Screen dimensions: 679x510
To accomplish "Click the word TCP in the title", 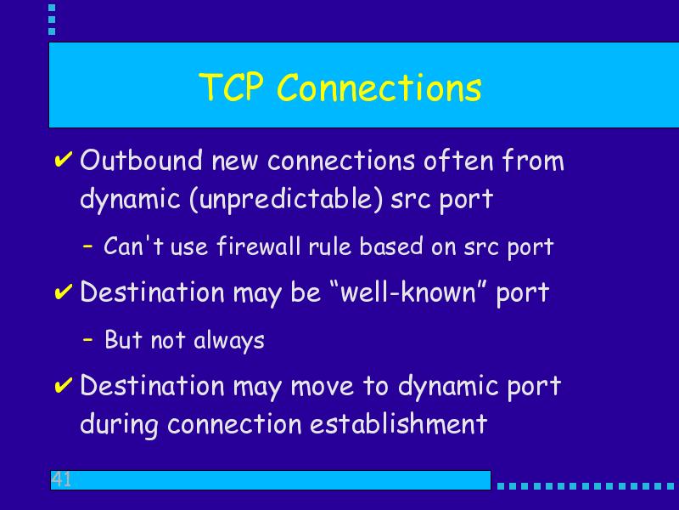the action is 231,88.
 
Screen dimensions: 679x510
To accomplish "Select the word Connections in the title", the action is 379,88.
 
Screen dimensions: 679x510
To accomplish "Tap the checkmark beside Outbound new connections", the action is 63,159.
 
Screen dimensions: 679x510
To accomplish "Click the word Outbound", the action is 141,160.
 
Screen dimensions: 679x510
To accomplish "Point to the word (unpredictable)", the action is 286,199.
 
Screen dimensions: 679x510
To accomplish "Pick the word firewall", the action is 259,246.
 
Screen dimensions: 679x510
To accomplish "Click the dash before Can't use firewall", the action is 88,246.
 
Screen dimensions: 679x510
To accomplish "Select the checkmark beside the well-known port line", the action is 63,292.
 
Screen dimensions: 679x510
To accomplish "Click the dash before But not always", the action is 88,339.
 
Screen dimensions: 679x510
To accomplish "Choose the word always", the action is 228,341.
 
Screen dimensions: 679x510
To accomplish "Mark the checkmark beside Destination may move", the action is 63,385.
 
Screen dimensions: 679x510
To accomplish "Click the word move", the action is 323,386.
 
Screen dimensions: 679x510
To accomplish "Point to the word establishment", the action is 398,423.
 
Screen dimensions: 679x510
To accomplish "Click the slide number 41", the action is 61,479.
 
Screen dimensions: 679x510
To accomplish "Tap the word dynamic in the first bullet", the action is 130,200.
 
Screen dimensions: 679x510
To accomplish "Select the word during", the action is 119,424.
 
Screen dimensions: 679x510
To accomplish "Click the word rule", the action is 329,246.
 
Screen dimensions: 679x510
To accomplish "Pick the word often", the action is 458,160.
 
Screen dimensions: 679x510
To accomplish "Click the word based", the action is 391,246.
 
